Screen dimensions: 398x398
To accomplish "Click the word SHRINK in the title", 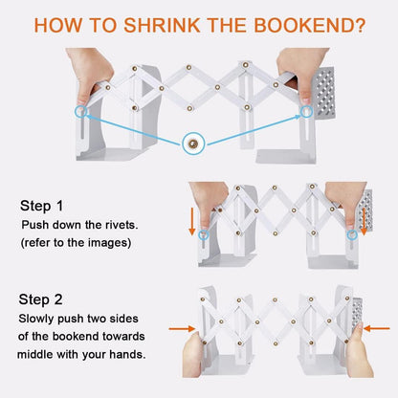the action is (x=162, y=25).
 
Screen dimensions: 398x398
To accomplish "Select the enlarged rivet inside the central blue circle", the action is (x=192, y=144).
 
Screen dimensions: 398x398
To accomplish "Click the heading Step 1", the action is (x=42, y=206).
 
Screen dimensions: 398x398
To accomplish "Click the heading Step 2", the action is (x=40, y=299).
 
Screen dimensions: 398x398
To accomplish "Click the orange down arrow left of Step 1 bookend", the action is (x=192, y=222).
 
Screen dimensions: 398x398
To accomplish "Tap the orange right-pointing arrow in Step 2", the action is (x=182, y=328).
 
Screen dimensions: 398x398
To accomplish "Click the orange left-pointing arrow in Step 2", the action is (x=377, y=328).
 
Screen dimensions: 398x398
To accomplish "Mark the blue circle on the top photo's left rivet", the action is (x=81, y=112).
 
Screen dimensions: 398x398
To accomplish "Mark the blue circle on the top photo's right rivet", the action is (x=306, y=111).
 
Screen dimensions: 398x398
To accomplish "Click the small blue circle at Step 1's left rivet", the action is (x=204, y=235).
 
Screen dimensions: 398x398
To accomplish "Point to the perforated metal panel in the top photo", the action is (x=323, y=93).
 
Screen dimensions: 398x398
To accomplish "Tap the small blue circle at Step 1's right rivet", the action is (x=352, y=234).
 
